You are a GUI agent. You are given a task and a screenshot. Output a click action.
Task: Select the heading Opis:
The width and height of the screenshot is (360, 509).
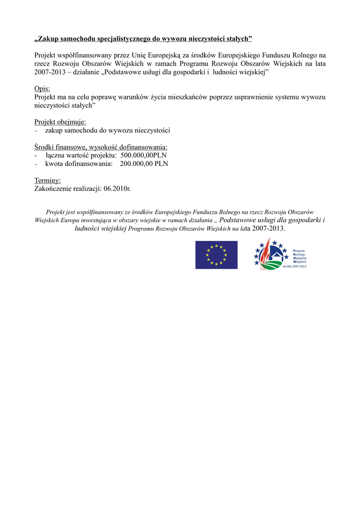coord(42,88)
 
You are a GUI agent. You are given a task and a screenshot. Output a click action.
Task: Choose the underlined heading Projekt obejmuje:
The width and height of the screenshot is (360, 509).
coord(60,122)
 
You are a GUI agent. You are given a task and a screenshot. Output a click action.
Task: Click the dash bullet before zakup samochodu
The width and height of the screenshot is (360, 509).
coord(36,131)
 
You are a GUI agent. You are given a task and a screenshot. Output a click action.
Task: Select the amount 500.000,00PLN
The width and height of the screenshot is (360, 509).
coord(144,155)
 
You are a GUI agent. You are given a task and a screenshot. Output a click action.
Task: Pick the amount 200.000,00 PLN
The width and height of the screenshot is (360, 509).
coord(144,164)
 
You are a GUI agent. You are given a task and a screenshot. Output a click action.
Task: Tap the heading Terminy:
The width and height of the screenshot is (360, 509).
coord(47,180)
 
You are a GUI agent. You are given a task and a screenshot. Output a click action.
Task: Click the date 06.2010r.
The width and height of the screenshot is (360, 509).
coord(117,189)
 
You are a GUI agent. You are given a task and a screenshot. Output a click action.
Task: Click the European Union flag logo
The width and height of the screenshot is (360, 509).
coord(216,255)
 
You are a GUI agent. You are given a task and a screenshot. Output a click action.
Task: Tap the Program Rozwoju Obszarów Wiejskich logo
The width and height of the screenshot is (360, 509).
coord(280,254)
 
